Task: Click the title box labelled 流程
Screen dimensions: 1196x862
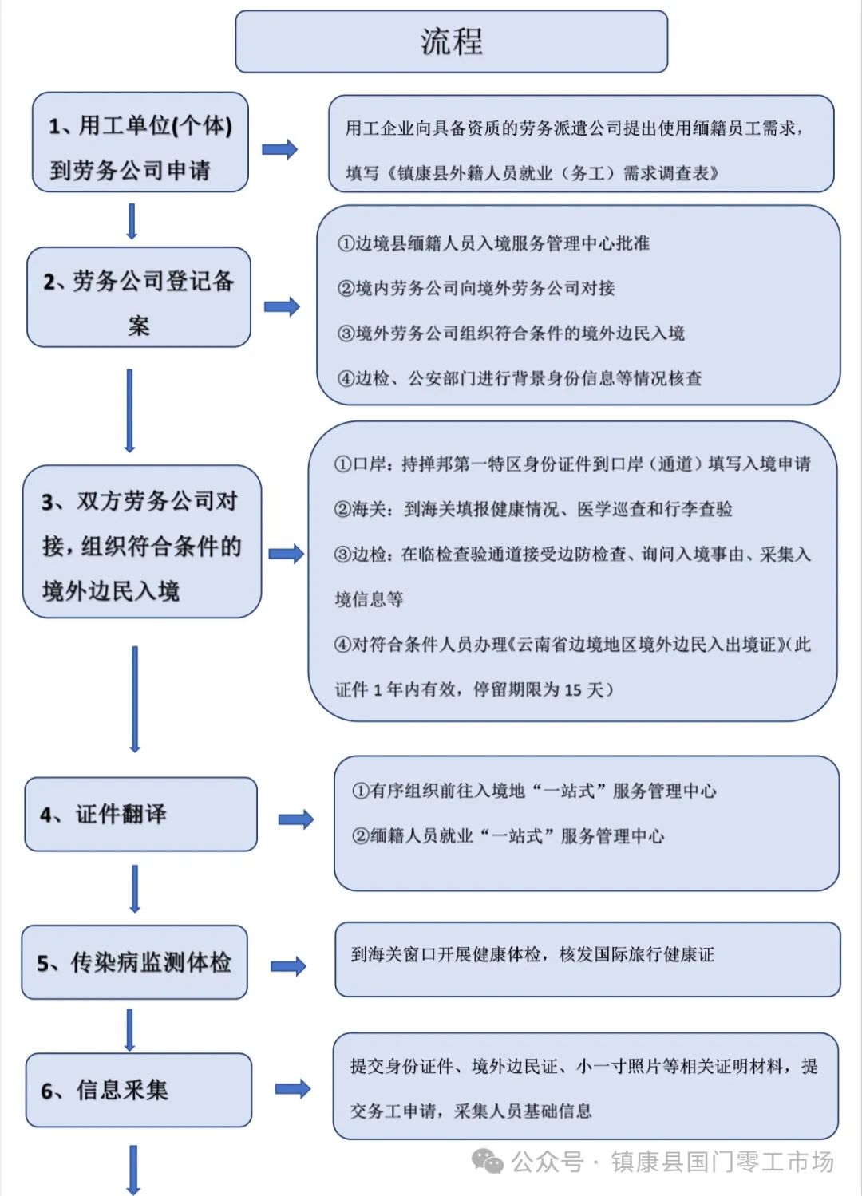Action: click(451, 41)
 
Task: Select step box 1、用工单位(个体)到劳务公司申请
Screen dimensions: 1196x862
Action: click(140, 143)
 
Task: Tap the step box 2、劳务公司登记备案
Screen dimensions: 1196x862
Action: click(139, 298)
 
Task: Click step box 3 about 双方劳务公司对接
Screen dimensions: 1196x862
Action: click(142, 542)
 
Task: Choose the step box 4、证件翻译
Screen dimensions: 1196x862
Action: click(140, 814)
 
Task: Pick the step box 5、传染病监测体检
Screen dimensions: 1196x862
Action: click(134, 962)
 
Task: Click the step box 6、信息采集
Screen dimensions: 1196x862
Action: click(138, 1090)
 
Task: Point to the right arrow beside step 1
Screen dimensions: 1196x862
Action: click(279, 149)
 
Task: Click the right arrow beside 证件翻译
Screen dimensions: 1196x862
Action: click(295, 819)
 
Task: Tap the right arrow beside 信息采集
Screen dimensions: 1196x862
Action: click(292, 1089)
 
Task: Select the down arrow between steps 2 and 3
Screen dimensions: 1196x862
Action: click(129, 411)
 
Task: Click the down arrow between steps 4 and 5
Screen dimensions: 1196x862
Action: click(134, 889)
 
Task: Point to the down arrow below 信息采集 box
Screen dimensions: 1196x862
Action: click(133, 1170)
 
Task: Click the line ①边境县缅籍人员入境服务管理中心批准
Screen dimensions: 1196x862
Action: click(493, 243)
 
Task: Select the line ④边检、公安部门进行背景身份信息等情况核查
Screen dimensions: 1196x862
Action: click(520, 378)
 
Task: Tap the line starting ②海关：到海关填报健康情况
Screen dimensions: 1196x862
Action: click(533, 509)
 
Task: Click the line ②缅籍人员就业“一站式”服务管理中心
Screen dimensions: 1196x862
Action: click(508, 836)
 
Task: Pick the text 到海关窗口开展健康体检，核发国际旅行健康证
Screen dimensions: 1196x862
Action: click(532, 954)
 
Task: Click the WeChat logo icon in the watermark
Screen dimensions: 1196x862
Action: click(488, 1162)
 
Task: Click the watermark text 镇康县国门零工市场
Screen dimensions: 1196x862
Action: click(722, 1162)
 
